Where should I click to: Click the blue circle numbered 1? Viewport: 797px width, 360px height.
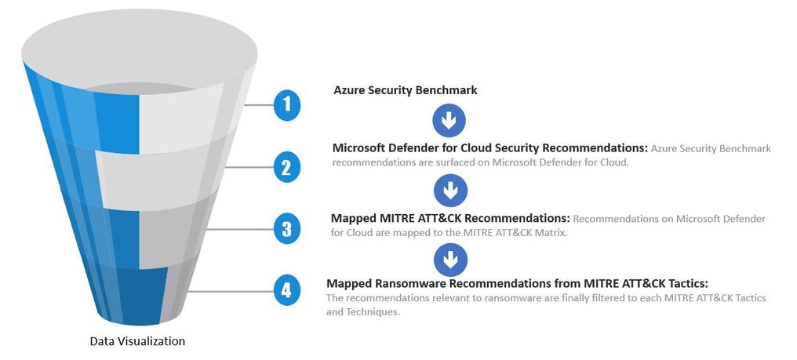[287, 105]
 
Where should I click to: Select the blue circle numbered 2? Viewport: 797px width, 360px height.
[287, 166]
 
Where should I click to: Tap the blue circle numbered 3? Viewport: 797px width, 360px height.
[287, 228]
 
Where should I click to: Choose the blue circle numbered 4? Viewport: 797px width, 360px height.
[287, 290]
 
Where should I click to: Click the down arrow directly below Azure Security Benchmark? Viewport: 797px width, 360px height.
[449, 121]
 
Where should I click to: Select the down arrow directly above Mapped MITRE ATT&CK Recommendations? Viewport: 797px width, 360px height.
[449, 190]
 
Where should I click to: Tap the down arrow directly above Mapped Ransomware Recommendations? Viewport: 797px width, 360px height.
[449, 259]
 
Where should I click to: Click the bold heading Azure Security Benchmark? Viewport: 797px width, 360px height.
[405, 90]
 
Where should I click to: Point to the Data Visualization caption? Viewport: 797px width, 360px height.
[137, 341]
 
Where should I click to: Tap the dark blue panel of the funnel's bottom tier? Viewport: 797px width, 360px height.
[137, 294]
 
